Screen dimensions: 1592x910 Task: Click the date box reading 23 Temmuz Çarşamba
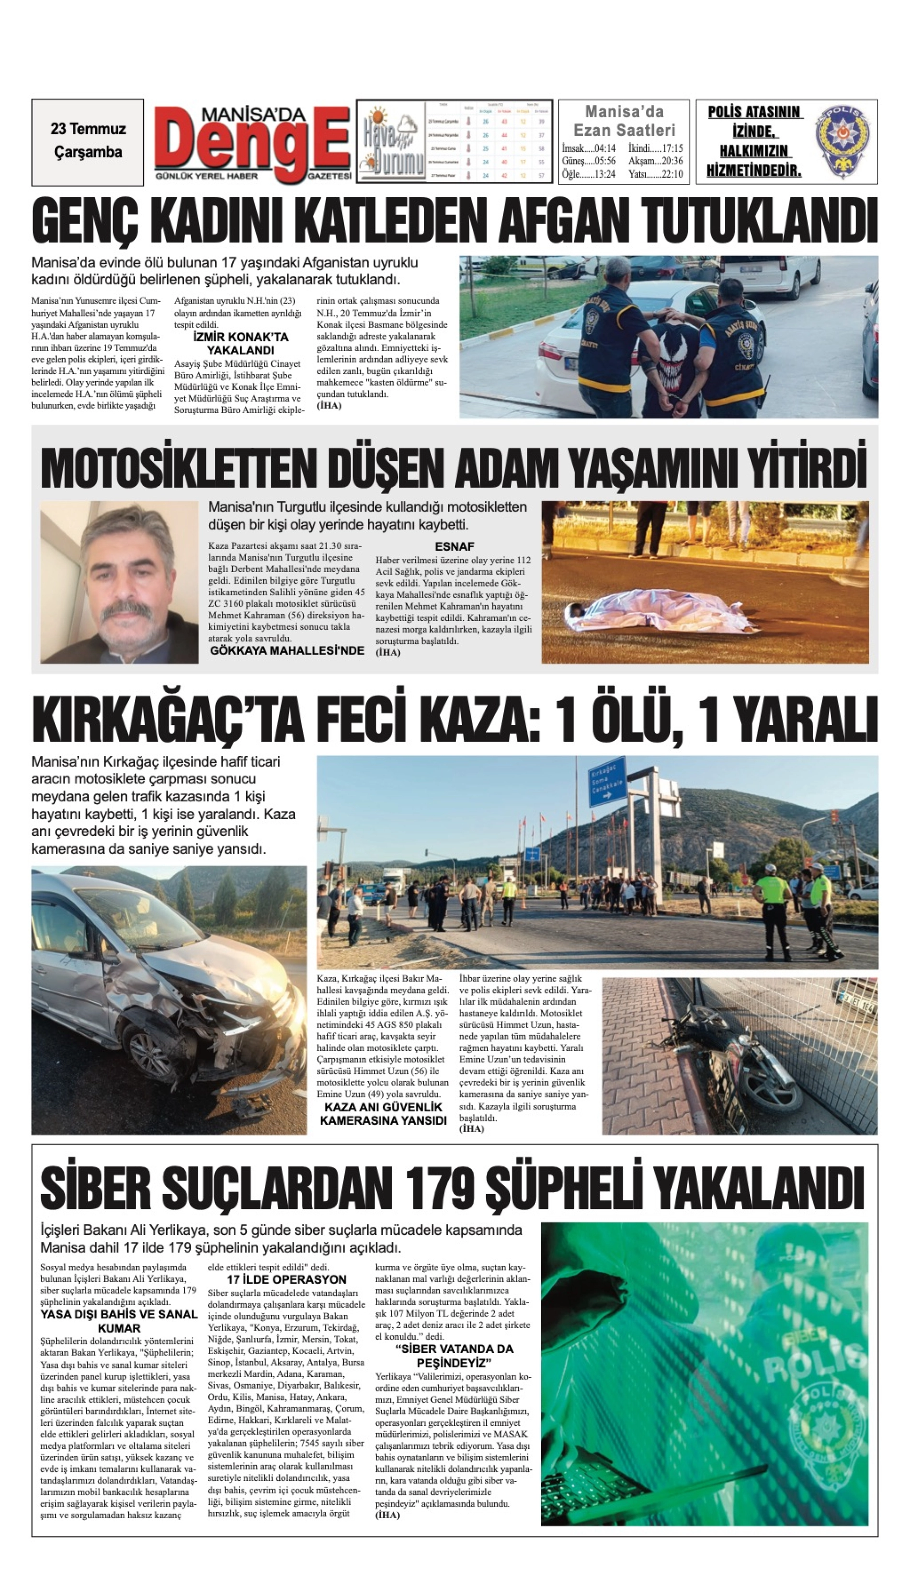pyautogui.click(x=88, y=141)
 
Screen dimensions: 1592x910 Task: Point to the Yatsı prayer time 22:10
pyautogui.click(x=656, y=174)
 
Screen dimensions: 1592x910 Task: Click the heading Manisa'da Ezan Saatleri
pyautogui.click(x=624, y=121)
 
